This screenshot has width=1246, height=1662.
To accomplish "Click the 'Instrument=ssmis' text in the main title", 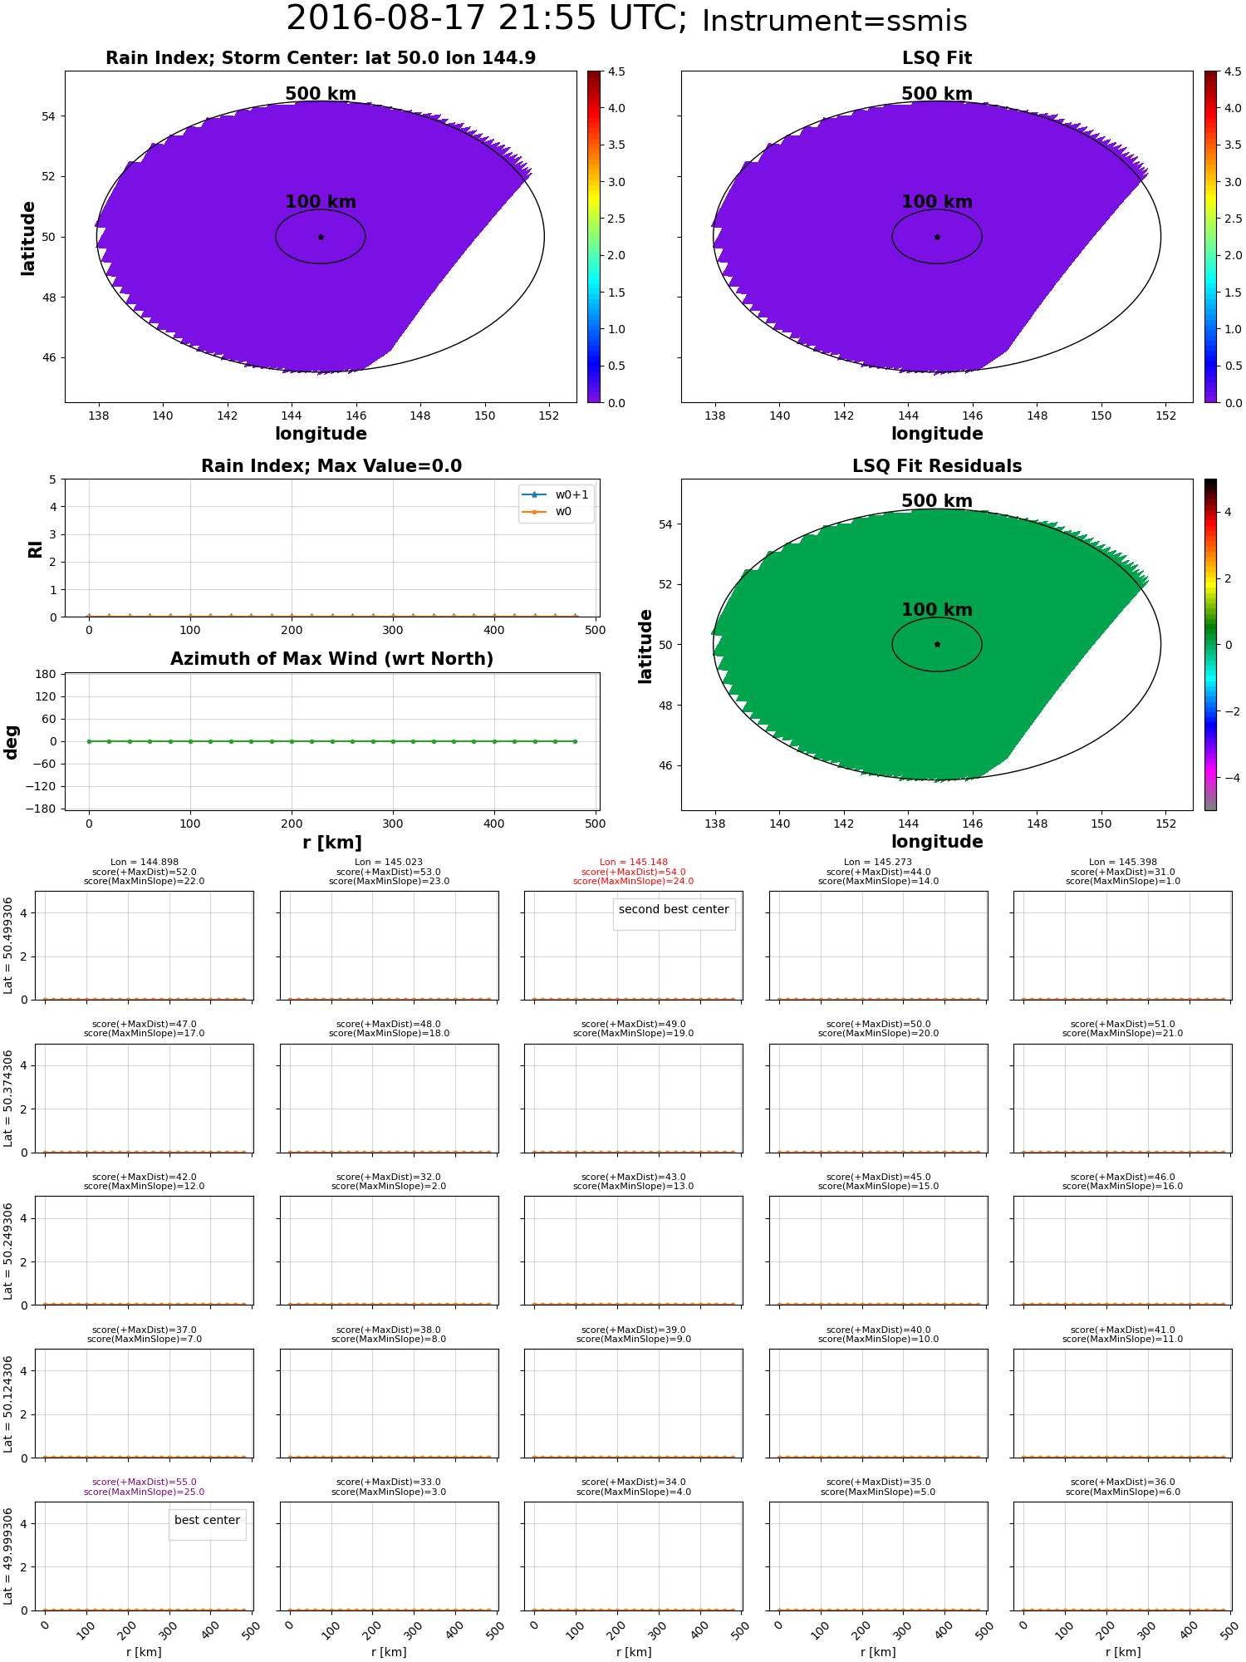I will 834,22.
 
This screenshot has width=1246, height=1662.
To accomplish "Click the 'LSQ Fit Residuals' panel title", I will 936,466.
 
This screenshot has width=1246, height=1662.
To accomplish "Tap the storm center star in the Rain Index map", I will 321,237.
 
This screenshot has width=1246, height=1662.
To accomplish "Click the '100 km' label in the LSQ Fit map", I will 936,202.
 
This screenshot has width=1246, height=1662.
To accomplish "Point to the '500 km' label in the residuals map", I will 936,501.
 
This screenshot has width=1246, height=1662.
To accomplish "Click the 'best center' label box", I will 207,1520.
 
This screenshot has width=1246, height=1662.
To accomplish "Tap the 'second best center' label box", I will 674,909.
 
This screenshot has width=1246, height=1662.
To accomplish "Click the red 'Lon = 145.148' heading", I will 633,863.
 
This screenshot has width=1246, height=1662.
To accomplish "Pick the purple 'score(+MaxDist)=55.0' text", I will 144,1482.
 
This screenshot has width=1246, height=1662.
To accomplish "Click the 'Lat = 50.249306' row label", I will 8,1251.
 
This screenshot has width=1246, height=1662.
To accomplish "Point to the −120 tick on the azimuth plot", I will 45,786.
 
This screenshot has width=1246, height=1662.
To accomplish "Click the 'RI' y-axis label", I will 36,548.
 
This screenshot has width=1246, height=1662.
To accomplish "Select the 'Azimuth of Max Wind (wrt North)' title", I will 331,659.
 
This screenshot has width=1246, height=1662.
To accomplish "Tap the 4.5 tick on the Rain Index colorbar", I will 616,71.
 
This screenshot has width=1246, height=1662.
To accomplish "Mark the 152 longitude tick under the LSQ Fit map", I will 1165,415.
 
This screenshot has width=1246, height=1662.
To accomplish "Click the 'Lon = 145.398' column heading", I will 1122,863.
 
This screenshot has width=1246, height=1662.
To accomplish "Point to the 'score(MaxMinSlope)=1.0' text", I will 1122,881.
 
